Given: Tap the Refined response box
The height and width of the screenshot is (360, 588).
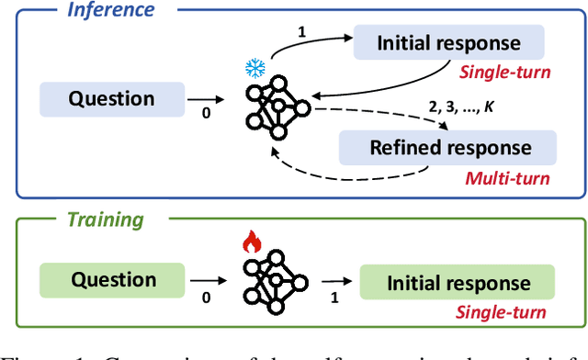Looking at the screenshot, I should [449, 147].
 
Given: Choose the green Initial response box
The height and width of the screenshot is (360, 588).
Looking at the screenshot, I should [458, 283].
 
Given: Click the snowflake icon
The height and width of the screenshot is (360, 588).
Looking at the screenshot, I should [254, 69].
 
